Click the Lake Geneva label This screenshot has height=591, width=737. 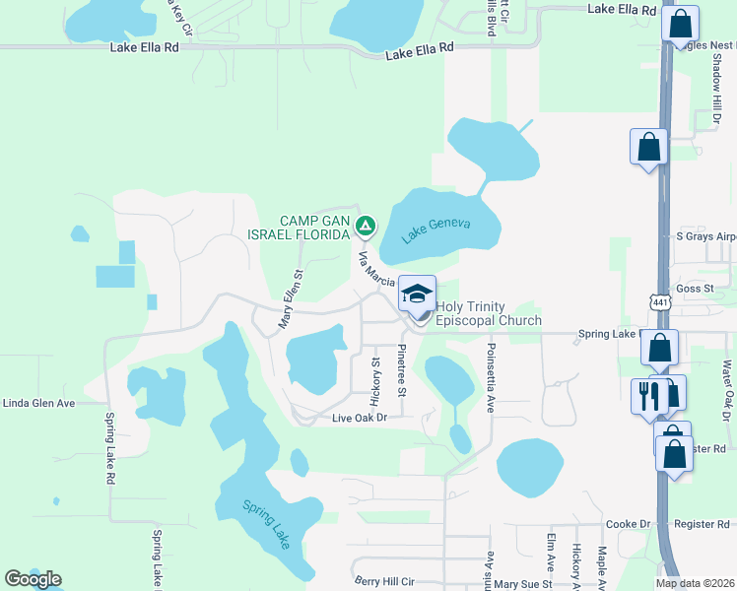(436, 230)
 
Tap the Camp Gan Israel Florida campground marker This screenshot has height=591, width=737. (366, 228)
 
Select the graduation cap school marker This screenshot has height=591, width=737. (417, 295)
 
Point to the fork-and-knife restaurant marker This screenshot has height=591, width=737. (648, 397)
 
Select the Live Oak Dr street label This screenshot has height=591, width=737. (360, 418)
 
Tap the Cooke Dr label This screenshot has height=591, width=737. (629, 525)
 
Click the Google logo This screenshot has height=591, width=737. (33, 579)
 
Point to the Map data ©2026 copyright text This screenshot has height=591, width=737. (696, 583)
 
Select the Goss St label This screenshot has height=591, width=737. (694, 288)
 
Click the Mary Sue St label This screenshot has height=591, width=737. (523, 584)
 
